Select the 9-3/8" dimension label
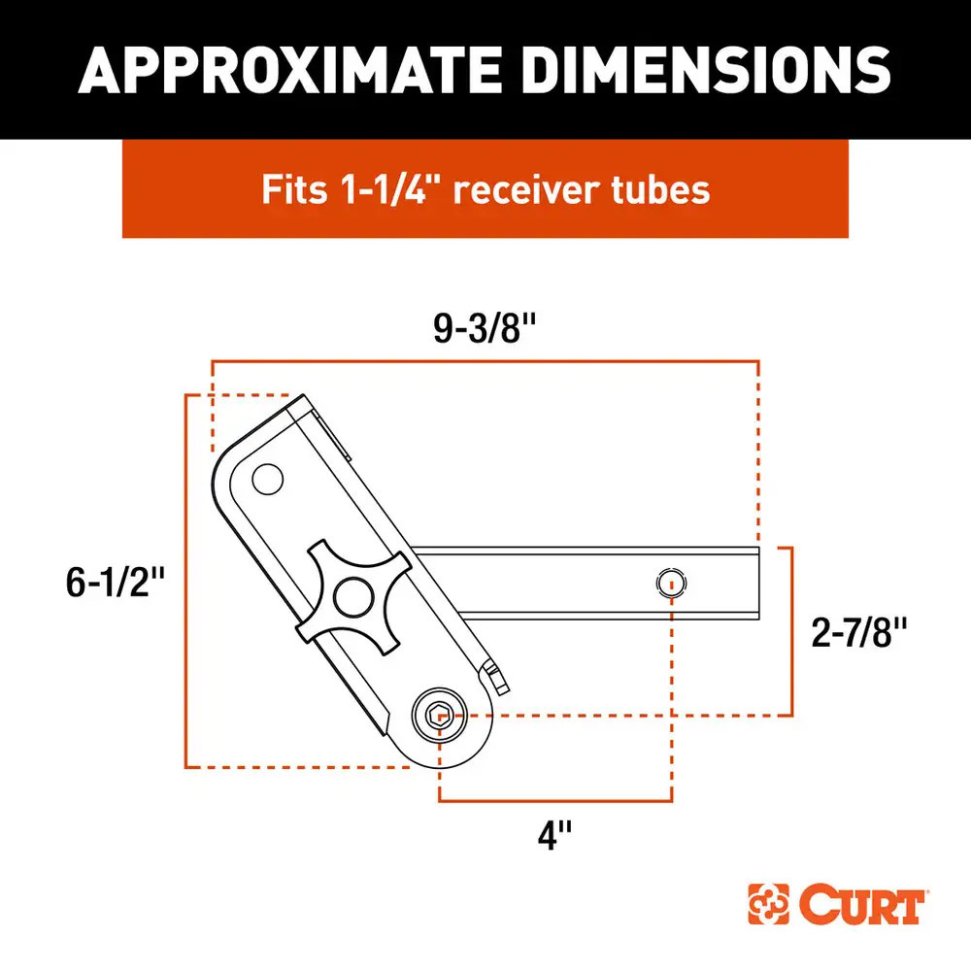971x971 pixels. coord(485,329)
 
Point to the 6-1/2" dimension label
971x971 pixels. coord(113,583)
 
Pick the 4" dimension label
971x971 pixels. coord(554,834)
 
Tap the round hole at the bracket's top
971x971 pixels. coord(265,478)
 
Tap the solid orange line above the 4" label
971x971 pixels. coord(555,801)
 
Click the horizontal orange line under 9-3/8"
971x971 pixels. coord(485,361)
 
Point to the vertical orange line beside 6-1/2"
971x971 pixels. coord(185,583)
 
